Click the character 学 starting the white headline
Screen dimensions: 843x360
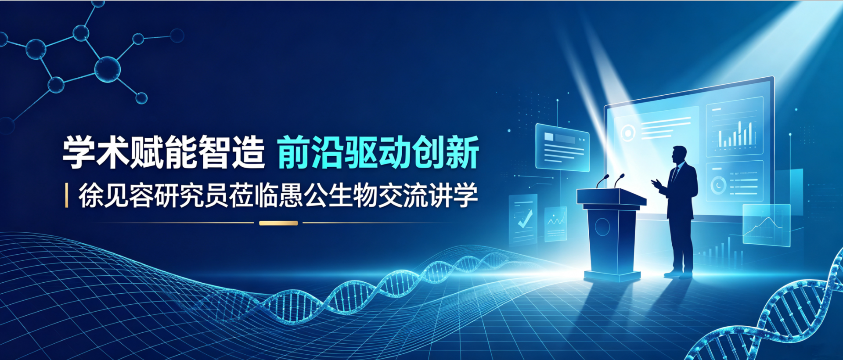click(x=79, y=152)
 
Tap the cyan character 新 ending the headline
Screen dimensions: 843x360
click(x=462, y=152)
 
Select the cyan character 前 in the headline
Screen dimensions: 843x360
click(x=294, y=152)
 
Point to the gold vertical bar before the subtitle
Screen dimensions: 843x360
click(x=66, y=195)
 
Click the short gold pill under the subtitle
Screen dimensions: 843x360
click(x=278, y=223)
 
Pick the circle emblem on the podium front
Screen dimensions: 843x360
click(x=602, y=227)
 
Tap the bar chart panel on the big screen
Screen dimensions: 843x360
click(x=734, y=127)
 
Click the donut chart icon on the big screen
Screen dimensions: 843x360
click(x=718, y=186)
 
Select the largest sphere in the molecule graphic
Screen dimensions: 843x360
click(x=107, y=69)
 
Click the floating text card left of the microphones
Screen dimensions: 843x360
click(x=562, y=148)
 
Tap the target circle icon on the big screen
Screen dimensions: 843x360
click(x=628, y=133)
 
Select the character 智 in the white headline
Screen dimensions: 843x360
click(x=215, y=152)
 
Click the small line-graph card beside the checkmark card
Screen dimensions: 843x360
click(x=555, y=224)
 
